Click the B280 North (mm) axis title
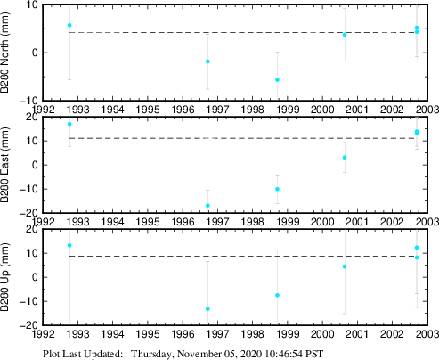tap(8, 52)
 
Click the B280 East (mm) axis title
tap(8, 165)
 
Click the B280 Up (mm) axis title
tap(8, 277)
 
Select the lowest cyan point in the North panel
tap(277, 80)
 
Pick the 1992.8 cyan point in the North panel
tap(69, 25)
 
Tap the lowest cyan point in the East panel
tap(207, 206)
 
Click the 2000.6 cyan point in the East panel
tap(345, 158)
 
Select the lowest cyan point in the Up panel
tap(207, 309)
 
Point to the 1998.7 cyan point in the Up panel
tap(277, 295)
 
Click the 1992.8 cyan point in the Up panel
tap(69, 245)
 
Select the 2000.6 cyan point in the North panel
tap(345, 35)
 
